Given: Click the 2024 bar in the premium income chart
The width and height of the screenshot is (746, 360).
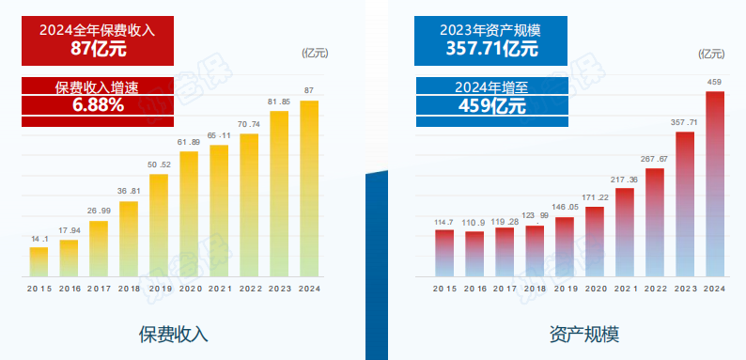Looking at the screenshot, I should pos(309,188).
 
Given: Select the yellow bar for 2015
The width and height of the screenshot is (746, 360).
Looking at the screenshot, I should pos(39,261).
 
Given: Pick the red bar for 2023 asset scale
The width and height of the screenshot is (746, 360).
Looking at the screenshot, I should pos(685,203).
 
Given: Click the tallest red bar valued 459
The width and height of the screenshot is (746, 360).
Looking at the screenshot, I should pos(715,183).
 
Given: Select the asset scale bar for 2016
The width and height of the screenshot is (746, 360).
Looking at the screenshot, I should pos(475,253).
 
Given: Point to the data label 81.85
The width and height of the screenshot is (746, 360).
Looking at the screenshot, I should pos(279,102).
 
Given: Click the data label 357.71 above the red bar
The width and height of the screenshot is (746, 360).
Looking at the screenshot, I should pos(685,122).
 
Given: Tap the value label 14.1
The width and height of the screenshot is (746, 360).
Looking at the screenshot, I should pos(39,239).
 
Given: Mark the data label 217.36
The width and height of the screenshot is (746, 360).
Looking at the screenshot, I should pos(625,180).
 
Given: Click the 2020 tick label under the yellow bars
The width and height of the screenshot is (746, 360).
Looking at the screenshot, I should pos(189,288).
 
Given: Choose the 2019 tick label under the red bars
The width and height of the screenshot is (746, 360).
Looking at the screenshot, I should pos(565,288).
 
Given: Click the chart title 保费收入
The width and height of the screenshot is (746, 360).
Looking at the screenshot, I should pos(173,334).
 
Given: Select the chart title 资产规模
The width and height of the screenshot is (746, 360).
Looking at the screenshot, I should pos(584,334).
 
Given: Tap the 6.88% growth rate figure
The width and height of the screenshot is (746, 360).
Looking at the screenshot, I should pos(98,105).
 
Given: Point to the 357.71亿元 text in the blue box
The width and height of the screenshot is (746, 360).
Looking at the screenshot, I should pos(491,47).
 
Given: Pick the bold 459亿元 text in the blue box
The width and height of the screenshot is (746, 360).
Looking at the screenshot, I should pos(491,105).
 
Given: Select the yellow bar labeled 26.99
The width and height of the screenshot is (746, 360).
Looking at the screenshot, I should pos(99,248).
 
